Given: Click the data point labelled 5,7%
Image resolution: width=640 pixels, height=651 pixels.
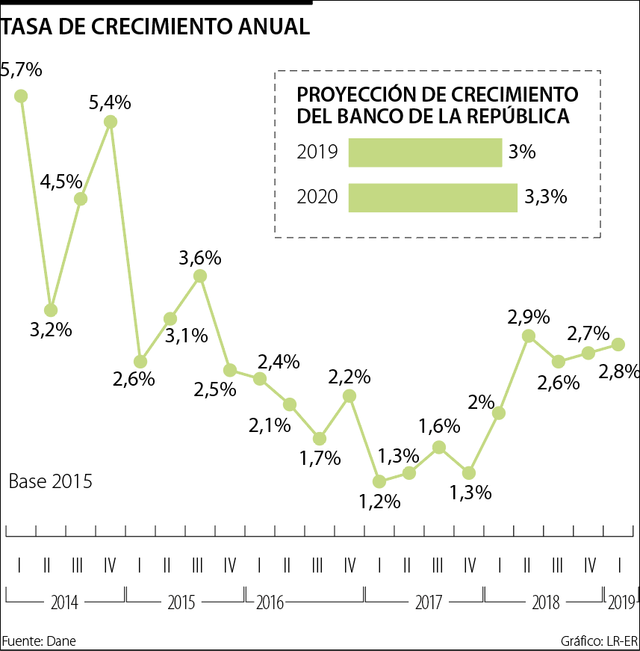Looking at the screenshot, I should pos(21,96).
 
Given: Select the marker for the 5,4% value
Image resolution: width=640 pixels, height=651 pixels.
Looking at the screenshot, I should pos(111,122).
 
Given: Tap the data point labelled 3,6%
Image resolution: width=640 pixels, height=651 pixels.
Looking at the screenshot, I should pos(200,276).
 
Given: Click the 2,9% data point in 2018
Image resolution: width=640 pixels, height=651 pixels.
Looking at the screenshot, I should pos(529,336).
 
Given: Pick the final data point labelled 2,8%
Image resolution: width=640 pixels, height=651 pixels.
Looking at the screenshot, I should pos(618,344).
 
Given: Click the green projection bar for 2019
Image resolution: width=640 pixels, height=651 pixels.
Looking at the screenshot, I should pos(425,152).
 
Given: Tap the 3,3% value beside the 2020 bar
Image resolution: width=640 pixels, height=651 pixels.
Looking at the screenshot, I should pos(545,197).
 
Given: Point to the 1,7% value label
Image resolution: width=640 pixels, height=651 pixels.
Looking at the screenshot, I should pos(320,457).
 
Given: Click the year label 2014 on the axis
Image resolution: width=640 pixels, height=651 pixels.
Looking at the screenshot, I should pos(66,602).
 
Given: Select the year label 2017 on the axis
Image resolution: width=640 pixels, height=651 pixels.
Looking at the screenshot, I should pos(424,602).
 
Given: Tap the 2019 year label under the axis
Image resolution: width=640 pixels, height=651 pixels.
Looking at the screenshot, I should pos(621,602).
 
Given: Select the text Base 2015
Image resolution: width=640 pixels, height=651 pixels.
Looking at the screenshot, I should pos(51,481).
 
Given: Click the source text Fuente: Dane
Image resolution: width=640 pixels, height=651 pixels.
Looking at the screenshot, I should pos(39,641).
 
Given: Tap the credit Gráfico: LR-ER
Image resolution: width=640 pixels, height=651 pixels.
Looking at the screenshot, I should pos(599,641).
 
